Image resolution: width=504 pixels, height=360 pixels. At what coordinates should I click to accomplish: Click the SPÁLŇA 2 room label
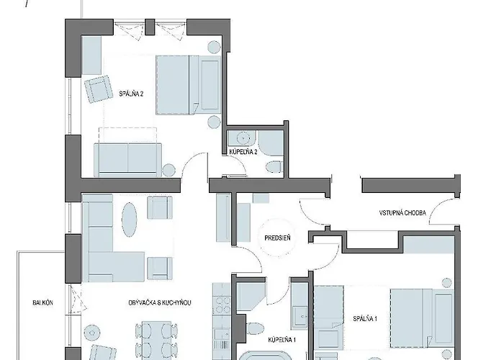coord(131,94)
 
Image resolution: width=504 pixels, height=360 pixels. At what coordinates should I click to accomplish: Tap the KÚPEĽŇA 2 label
coord(243,152)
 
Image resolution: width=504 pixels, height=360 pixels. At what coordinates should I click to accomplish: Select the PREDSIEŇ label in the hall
coord(277,238)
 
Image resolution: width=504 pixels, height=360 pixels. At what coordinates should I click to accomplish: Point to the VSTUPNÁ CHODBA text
coord(402,213)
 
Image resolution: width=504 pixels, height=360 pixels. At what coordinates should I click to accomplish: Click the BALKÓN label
coord(42,303)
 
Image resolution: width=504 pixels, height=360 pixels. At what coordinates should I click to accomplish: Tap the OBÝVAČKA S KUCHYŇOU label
coord(160,303)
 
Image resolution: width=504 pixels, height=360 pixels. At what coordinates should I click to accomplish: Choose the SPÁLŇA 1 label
coord(365,319)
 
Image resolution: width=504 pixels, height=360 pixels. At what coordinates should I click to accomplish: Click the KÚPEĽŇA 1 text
coord(282,340)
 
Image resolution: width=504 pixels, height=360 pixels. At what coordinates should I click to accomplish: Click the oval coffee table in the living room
coord(130,220)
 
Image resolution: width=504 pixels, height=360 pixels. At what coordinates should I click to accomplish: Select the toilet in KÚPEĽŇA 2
coord(274,166)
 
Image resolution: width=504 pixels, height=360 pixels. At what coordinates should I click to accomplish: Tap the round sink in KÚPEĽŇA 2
coord(243,138)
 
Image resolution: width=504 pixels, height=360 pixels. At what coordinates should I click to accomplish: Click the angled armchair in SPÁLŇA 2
coord(98,89)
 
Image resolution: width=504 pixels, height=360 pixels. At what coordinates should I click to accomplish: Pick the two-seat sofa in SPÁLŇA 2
coord(128,160)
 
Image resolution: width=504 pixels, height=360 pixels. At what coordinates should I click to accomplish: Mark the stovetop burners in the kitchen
coord(222,305)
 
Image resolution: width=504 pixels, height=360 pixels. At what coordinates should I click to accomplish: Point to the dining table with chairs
coord(156,341)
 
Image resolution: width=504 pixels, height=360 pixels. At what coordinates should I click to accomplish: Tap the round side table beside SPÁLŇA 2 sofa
coord(168,170)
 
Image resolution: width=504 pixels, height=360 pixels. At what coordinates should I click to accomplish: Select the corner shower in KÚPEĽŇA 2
coord(271,143)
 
